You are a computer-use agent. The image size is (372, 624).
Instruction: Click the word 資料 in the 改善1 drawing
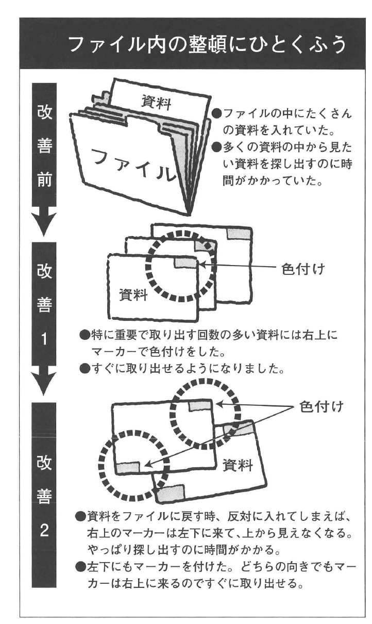133,295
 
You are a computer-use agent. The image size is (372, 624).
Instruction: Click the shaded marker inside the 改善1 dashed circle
186,264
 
